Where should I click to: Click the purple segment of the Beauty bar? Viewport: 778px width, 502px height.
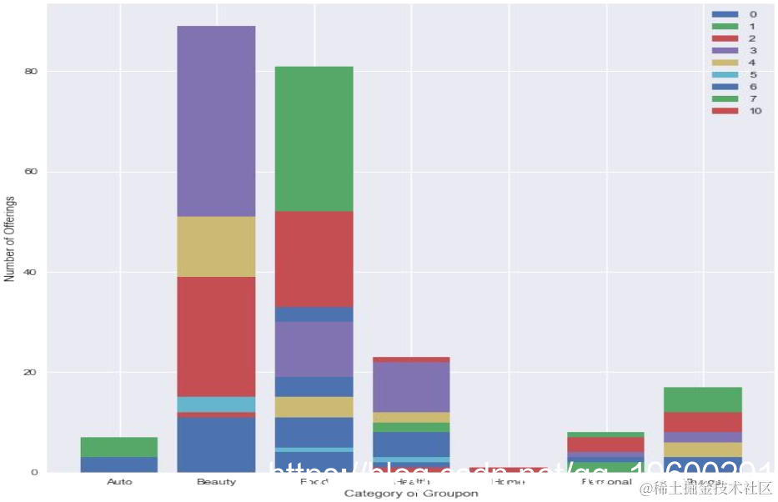click(216, 121)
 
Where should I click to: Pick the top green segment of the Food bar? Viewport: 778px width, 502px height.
click(314, 138)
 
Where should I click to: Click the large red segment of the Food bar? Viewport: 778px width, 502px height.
click(314, 259)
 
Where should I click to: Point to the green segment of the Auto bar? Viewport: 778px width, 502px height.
click(119, 447)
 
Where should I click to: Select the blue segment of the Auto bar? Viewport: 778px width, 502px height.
click(119, 464)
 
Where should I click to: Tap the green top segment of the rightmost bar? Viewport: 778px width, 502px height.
click(703, 399)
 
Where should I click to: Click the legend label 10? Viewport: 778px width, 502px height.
click(755, 111)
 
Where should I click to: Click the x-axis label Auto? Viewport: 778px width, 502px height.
click(119, 482)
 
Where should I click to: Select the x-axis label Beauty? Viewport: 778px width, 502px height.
click(216, 482)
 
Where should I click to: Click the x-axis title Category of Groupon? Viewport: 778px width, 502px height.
click(411, 494)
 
